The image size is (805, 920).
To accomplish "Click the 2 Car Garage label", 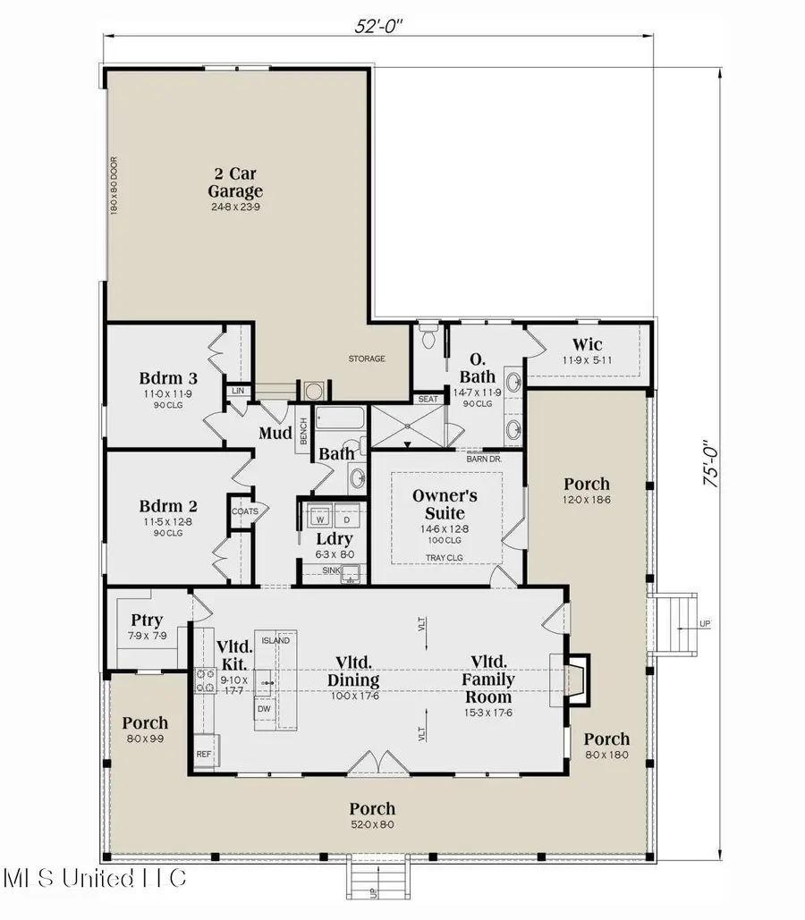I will tap(235, 182).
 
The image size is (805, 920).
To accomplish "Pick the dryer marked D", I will tap(346, 518).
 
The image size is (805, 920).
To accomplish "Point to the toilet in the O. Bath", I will tap(428, 339).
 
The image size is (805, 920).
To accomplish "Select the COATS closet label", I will tap(244, 512).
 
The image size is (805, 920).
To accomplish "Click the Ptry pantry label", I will tap(146, 619).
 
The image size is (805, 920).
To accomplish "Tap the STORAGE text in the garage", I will tap(367, 359).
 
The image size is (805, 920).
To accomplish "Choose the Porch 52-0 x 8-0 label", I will tap(372, 810).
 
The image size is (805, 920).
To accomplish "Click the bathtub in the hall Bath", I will tap(340, 418).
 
